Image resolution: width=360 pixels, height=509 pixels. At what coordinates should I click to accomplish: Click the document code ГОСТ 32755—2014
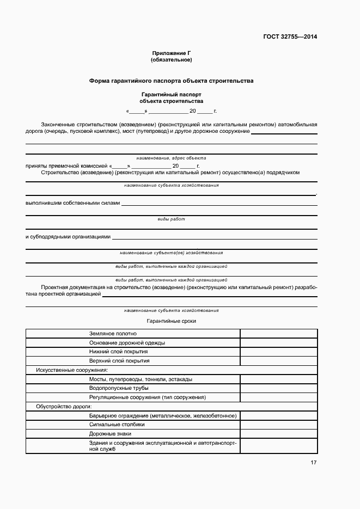tap(290, 37)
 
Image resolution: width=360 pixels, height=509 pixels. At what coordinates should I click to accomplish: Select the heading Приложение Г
tap(171, 53)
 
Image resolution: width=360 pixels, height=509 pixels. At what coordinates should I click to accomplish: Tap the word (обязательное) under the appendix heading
tap(171, 59)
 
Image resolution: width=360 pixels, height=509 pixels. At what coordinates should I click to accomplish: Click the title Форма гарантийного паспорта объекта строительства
tap(171, 81)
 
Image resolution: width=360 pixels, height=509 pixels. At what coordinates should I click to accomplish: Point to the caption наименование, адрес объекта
tap(171, 157)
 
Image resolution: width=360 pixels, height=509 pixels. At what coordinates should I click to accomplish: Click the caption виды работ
tap(171, 219)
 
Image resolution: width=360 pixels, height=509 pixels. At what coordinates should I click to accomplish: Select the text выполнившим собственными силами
tap(72, 203)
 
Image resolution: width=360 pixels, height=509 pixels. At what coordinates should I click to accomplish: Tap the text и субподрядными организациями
tap(68, 237)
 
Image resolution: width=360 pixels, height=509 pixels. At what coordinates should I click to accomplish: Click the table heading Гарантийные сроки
tap(171, 321)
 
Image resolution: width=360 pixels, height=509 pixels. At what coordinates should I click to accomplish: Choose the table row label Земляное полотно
tap(113, 334)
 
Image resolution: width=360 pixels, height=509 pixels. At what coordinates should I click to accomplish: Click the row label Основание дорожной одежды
tap(127, 343)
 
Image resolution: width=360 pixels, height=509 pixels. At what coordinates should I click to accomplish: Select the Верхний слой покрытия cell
tap(119, 360)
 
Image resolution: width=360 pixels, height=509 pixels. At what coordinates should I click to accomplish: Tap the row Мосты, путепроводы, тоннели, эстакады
tap(140, 379)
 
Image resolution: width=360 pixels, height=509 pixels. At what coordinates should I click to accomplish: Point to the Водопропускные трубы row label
tap(118, 388)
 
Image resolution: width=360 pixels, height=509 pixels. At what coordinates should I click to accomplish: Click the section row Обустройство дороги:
tap(63, 406)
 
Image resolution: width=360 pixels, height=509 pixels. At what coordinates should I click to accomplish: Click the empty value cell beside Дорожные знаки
tap(278, 433)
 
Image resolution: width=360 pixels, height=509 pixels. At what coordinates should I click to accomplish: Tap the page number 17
tap(313, 462)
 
